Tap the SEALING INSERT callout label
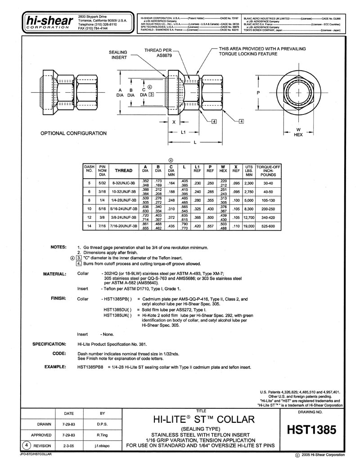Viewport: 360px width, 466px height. [x=118, y=55]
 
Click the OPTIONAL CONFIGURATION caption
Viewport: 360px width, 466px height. [x=74, y=133]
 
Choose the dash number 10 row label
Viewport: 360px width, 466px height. [x=89, y=210]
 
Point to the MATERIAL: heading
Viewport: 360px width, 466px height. [x=54, y=274]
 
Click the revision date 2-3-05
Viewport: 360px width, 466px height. [x=68, y=445]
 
